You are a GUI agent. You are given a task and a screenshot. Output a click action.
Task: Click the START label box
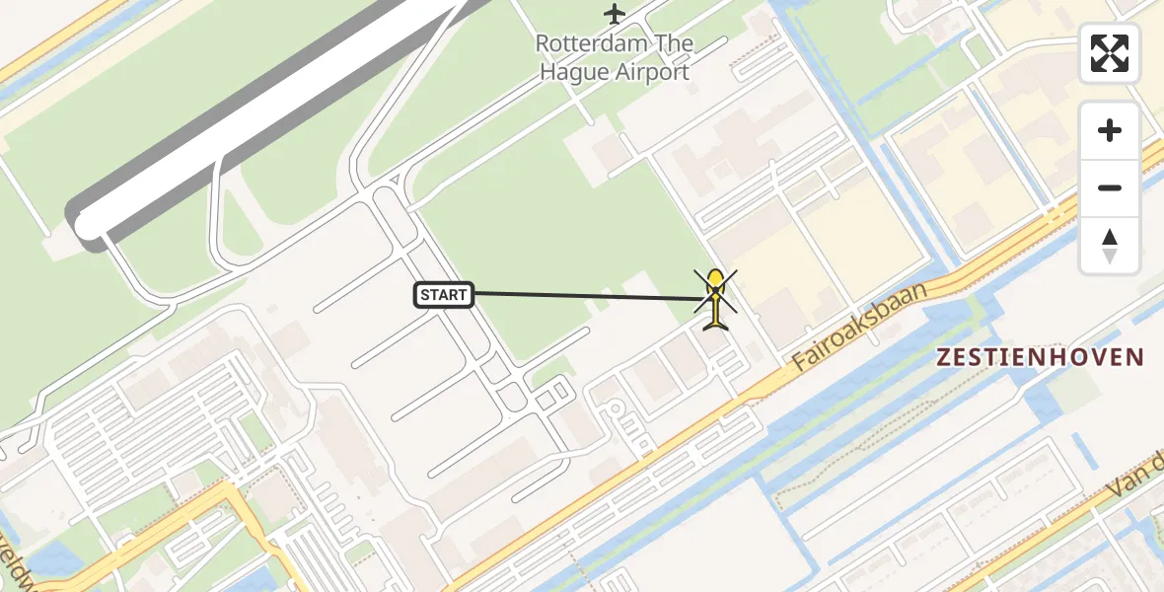pyautogui.click(x=444, y=294)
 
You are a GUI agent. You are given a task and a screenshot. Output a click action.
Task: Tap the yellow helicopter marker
pyautogui.click(x=714, y=299)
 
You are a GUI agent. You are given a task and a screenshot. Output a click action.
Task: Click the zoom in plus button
pyautogui.click(x=1110, y=130)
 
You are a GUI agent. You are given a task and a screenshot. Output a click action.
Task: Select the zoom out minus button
pyautogui.click(x=1110, y=187)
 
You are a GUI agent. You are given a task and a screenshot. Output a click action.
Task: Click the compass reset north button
pyautogui.click(x=1110, y=245)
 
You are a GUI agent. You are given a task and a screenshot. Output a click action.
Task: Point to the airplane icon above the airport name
pyautogui.click(x=615, y=14)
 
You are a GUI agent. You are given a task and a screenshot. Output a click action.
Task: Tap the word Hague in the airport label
pyautogui.click(x=576, y=72)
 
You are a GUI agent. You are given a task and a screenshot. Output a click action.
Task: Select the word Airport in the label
pyautogui.click(x=653, y=72)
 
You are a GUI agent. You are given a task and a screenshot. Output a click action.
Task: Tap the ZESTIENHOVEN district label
pyautogui.click(x=1040, y=357)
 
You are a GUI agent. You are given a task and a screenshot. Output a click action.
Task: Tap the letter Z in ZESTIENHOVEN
pyautogui.click(x=943, y=357)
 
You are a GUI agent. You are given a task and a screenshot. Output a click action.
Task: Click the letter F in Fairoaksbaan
pyautogui.click(x=801, y=364)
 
